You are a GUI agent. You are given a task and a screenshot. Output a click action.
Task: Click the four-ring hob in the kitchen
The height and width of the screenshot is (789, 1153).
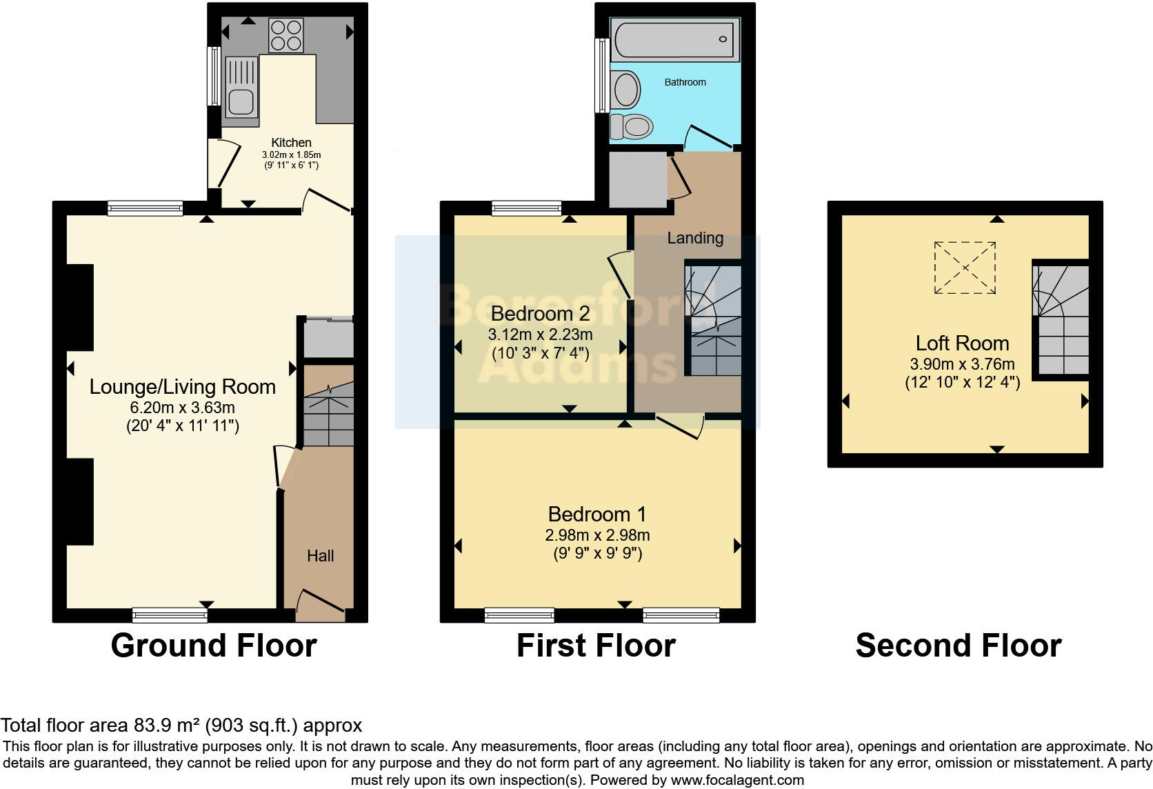tap(286, 35)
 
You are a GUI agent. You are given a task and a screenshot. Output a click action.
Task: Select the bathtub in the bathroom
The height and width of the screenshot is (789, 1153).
tap(674, 39)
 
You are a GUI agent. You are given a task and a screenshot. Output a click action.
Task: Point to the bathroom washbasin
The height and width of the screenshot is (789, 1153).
tap(626, 90)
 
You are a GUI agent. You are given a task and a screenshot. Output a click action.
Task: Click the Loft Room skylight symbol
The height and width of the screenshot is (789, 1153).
tap(965, 267)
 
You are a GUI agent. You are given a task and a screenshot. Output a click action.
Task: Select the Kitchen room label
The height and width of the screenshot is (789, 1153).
tap(291, 143)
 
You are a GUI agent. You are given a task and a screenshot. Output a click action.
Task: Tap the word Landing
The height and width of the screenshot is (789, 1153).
tap(695, 238)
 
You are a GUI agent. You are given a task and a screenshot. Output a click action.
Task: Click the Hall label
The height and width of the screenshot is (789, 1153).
tap(320, 556)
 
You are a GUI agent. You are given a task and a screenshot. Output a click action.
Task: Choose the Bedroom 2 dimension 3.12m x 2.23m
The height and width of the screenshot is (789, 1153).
tap(540, 334)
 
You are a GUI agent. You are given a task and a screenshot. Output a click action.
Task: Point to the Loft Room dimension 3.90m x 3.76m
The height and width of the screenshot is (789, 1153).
tap(962, 363)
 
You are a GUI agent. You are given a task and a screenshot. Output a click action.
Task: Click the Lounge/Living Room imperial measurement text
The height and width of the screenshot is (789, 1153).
tap(183, 426)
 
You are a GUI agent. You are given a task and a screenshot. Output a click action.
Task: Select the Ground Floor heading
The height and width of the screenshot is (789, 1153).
tap(214, 646)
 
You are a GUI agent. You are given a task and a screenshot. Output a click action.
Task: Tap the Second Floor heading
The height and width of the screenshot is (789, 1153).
tap(958, 646)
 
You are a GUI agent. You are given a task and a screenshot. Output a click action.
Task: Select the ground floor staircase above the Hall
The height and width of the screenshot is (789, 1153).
tap(328, 414)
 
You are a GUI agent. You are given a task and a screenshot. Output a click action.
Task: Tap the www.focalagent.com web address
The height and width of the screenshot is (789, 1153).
tap(736, 781)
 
